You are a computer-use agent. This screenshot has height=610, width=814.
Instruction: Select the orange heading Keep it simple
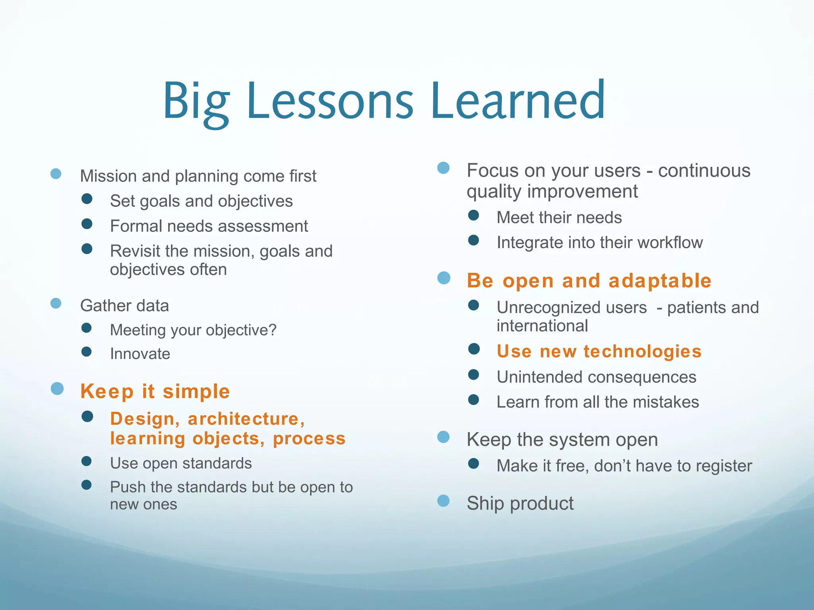tap(155, 391)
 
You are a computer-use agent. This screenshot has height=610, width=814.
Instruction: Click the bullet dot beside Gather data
tap(56, 303)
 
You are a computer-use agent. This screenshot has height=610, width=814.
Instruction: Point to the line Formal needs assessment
tap(209, 226)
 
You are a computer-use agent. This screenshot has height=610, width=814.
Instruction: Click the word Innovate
tap(140, 353)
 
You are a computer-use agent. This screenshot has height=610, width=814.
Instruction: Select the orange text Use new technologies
tap(599, 351)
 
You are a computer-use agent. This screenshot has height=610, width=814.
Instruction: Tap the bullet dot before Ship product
tap(443, 501)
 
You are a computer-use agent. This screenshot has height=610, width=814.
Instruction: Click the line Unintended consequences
tap(596, 377)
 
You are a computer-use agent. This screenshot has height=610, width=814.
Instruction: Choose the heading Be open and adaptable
tap(589, 281)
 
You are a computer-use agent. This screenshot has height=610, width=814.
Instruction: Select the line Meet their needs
tap(559, 217)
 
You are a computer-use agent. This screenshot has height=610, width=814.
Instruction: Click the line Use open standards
tap(181, 463)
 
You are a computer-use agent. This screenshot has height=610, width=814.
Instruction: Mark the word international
tap(542, 326)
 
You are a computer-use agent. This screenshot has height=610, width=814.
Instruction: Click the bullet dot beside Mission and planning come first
tap(56, 174)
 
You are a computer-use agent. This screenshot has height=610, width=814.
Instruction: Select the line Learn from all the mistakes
tap(597, 402)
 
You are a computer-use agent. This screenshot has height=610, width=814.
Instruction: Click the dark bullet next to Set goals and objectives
tap(87, 199)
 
